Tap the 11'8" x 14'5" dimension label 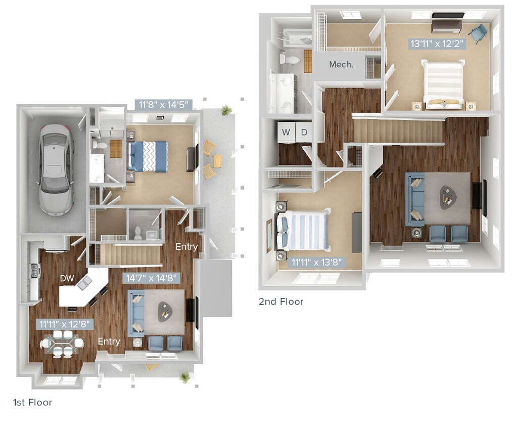click(164, 105)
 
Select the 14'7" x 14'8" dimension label click(152, 278)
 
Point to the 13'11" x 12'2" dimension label click(437, 44)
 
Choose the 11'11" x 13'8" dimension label click(317, 262)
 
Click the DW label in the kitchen click(67, 278)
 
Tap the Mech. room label click(341, 64)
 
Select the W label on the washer click(286, 133)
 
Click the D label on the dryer click(304, 133)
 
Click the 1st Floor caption click(32, 403)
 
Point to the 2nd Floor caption click(281, 302)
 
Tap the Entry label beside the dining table click(109, 341)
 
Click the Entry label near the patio click(185, 246)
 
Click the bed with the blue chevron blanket click(147, 156)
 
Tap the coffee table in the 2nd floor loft click(447, 197)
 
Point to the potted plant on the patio click(226, 110)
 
